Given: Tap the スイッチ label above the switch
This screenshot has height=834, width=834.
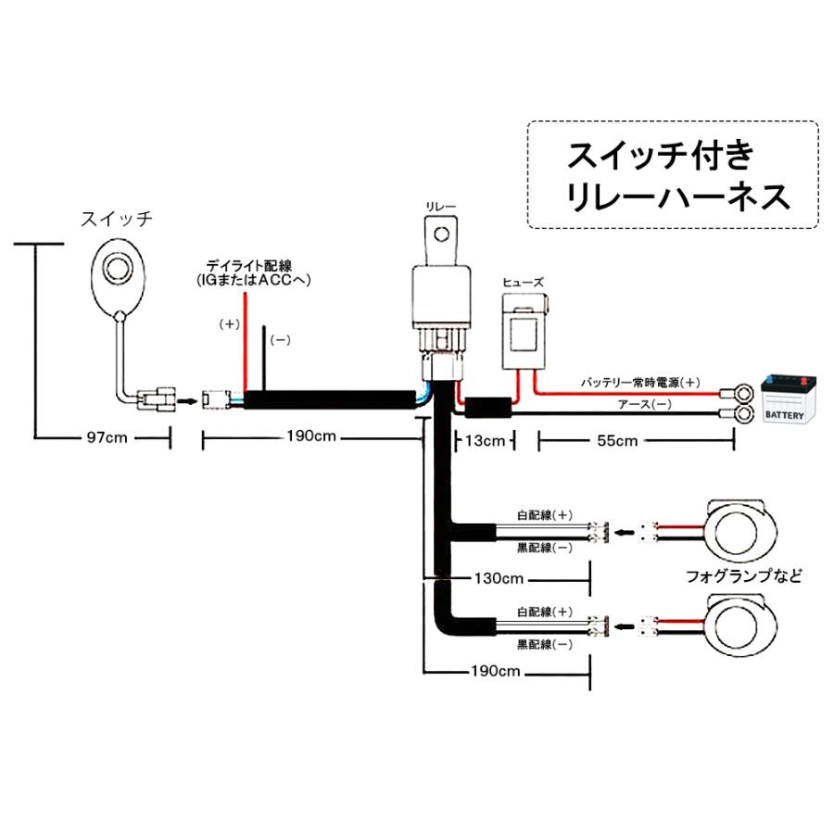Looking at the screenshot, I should [x=116, y=220].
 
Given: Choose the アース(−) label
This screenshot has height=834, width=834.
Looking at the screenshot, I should [x=643, y=405].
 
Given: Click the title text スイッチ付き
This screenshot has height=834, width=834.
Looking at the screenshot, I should [x=654, y=155].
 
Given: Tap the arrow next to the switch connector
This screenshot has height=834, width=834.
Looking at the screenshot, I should [x=186, y=401].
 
